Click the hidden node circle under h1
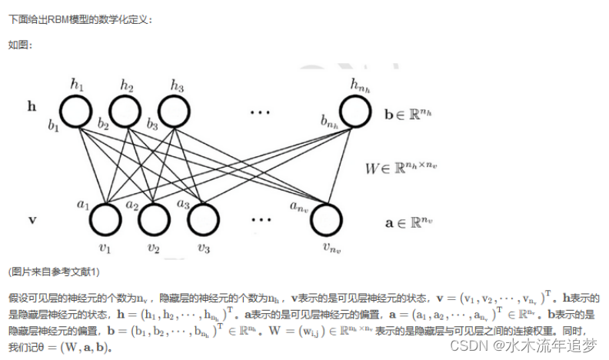coord(76,112)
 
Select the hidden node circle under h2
coord(126,112)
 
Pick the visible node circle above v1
coord(105,219)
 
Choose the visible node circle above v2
coord(155,219)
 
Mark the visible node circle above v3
coord(204,219)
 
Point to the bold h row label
coord(32,107)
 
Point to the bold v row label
coord(32,220)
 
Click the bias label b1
coord(53,125)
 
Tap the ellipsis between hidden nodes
coord(260,112)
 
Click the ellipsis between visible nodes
coord(260,220)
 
